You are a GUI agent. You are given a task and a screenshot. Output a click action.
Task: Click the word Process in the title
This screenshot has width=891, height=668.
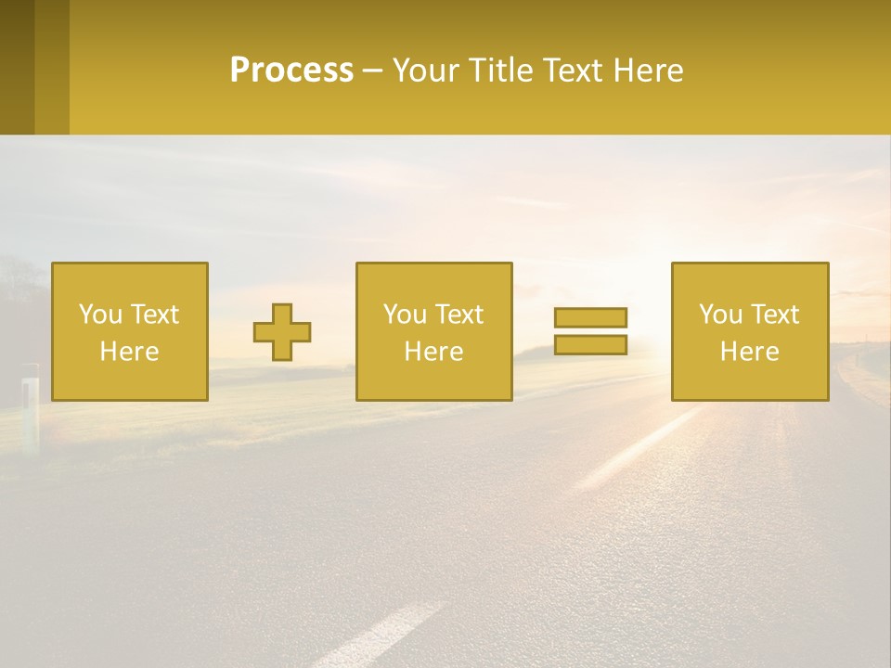tap(291, 71)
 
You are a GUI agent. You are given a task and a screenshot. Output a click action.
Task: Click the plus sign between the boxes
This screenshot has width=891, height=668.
tap(282, 331)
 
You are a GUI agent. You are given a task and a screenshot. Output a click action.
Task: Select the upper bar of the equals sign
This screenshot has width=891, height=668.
tap(590, 317)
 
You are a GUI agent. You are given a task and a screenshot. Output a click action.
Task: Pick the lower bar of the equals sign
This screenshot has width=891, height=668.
tap(590, 344)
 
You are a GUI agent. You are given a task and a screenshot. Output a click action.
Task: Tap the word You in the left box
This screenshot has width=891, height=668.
tap(100, 315)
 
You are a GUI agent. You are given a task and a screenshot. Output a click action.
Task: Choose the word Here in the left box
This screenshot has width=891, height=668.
tap(129, 352)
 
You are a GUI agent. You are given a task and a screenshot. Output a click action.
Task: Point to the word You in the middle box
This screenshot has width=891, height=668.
tap(405, 315)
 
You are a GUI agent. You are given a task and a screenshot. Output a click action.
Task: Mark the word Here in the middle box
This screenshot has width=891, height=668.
tap(433, 352)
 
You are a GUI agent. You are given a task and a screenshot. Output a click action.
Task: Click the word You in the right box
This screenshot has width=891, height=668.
tap(720, 315)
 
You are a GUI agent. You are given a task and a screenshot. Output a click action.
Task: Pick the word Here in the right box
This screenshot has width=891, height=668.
tap(749, 352)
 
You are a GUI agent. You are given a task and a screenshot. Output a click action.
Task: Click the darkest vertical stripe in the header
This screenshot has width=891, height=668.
tap(17, 67)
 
